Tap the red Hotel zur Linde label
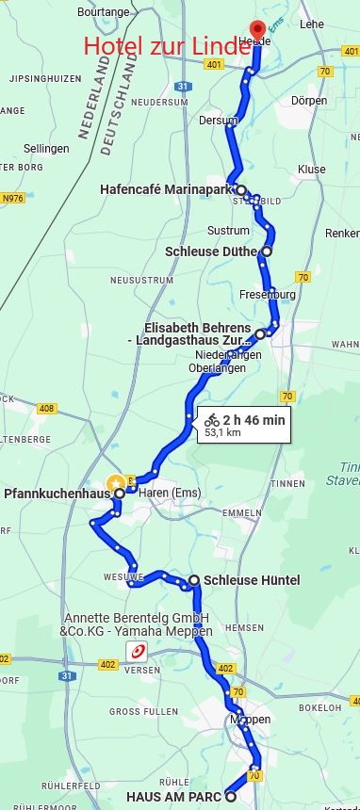(166, 45)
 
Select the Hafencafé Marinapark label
(166, 189)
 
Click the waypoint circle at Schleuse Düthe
(267, 251)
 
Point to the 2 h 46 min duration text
(254, 420)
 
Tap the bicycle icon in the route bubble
(212, 420)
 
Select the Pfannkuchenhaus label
(57, 494)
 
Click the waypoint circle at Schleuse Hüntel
(194, 580)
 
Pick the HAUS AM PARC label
(174, 797)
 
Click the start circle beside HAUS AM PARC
(231, 797)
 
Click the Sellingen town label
(46, 149)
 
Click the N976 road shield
(12, 198)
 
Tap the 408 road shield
(46, 408)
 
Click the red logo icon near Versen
(136, 651)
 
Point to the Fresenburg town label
(268, 295)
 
